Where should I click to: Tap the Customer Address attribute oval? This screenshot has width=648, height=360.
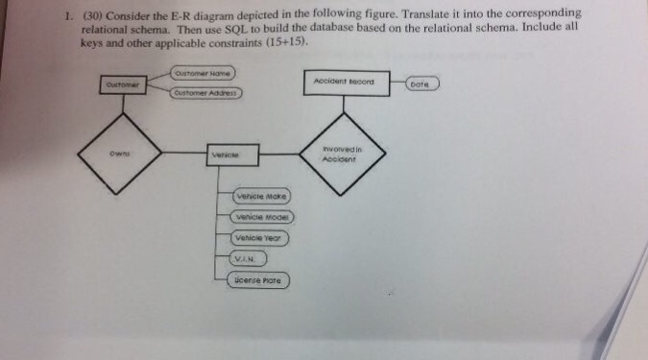coord(206,92)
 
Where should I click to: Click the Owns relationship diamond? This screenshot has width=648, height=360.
coord(120,151)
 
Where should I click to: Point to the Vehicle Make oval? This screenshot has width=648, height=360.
coord(262,196)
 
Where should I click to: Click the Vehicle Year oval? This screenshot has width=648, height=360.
coord(260,237)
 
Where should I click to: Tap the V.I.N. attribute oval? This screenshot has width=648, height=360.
coord(248,258)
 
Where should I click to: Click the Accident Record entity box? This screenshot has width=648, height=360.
coord(345,83)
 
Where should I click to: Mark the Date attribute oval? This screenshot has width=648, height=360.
coord(422,84)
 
